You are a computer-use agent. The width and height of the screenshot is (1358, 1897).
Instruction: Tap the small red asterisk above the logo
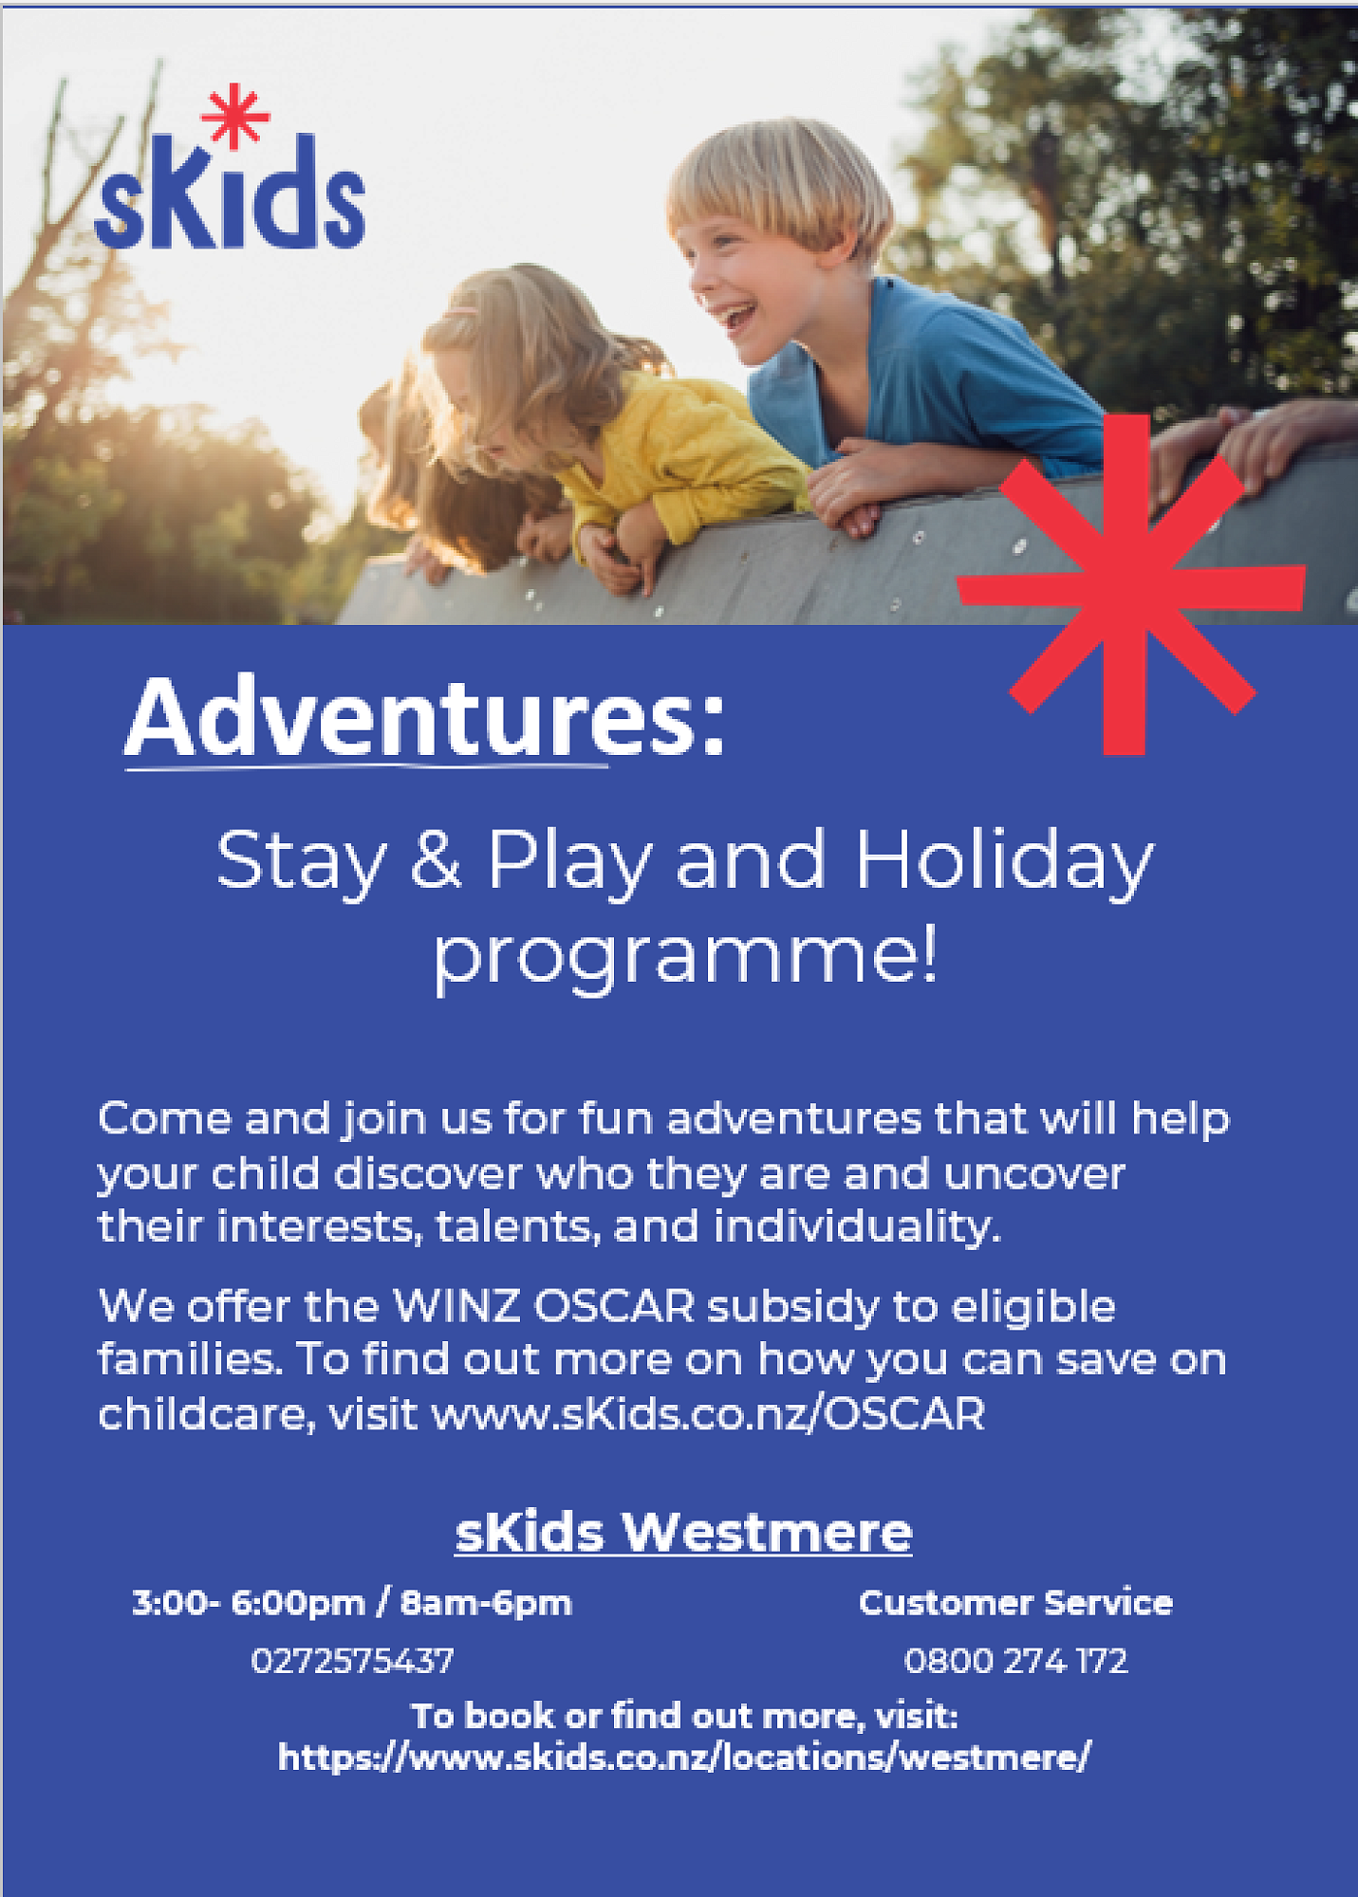pyautogui.click(x=234, y=117)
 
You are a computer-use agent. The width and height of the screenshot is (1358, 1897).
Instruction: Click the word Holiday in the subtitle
pyautogui.click(x=1004, y=861)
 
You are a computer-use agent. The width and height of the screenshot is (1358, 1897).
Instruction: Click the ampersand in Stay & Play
pyautogui.click(x=437, y=859)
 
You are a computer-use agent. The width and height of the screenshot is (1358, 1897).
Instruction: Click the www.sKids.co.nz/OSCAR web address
pyautogui.click(x=709, y=1414)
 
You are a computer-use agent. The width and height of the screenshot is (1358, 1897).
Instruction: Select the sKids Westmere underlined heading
pyautogui.click(x=683, y=1532)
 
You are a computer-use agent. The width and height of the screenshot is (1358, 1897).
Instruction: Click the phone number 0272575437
pyautogui.click(x=352, y=1661)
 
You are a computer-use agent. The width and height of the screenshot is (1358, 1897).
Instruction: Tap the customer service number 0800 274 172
pyautogui.click(x=1015, y=1661)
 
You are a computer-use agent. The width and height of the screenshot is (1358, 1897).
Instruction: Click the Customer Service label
pyautogui.click(x=1015, y=1603)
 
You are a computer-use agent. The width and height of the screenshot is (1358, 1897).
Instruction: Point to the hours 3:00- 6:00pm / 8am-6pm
pyautogui.click(x=352, y=1603)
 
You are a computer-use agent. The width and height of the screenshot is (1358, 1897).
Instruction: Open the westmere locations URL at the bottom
pyautogui.click(x=684, y=1758)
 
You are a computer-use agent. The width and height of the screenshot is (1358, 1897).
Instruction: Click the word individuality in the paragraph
pyautogui.click(x=857, y=1226)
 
